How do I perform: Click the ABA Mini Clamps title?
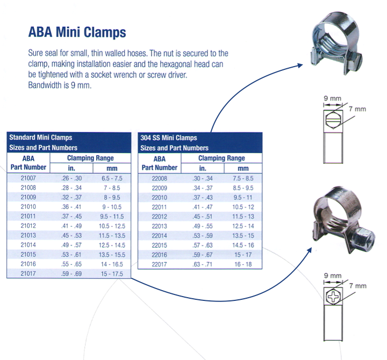[77, 32]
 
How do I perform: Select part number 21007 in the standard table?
[28, 178]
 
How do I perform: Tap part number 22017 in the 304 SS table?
[159, 264]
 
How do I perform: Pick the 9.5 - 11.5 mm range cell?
[112, 217]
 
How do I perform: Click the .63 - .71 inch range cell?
[203, 264]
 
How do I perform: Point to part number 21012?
[28, 226]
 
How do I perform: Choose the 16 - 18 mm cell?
[243, 264]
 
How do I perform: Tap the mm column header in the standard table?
[112, 169]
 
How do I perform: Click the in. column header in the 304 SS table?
[203, 168]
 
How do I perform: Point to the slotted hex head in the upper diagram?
[333, 119]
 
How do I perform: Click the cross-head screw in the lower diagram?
[333, 297]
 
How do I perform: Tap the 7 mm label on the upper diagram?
[357, 109]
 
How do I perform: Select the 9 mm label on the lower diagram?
[333, 276]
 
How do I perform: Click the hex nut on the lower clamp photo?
[362, 237]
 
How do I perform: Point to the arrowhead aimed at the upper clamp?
[300, 66]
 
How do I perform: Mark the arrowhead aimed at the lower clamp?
[309, 251]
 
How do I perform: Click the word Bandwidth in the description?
[45, 85]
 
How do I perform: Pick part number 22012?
[159, 217]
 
